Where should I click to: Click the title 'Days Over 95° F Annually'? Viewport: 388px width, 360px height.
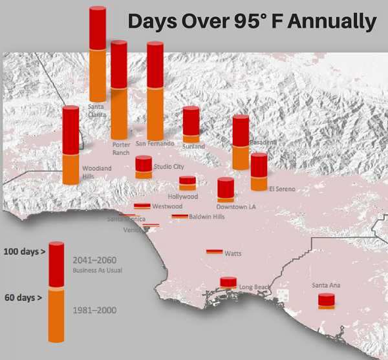[252, 21]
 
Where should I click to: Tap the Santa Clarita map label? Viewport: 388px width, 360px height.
[97, 111]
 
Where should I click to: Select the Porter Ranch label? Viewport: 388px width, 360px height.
[121, 149]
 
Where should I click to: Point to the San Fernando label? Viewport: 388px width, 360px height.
[155, 143]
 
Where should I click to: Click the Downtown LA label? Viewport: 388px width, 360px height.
[236, 207]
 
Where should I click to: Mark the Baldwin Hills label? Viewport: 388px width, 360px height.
[207, 217]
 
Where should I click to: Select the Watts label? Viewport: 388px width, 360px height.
[233, 253]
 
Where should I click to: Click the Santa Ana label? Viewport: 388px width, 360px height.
[326, 285]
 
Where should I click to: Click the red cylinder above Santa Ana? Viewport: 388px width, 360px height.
[326, 300]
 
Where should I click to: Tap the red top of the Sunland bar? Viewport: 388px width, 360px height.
[191, 122]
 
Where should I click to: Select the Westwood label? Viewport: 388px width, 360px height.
[167, 206]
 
